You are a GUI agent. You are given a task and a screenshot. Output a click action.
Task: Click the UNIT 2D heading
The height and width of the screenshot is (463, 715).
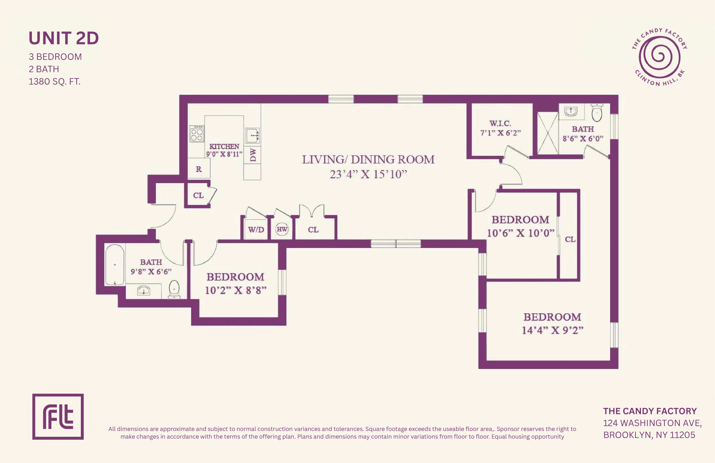[x=64, y=38]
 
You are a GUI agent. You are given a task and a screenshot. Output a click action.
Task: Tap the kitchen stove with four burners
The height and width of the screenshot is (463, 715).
[x=197, y=134]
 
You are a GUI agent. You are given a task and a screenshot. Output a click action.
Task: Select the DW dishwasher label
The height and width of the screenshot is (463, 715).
[x=253, y=155]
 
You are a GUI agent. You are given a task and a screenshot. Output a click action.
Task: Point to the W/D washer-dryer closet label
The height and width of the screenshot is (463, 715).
[x=256, y=230]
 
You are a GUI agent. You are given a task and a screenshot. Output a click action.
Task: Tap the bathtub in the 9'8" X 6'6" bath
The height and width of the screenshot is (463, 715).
[x=115, y=265]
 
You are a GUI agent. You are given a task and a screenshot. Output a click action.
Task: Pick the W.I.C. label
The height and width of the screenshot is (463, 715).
[x=500, y=123]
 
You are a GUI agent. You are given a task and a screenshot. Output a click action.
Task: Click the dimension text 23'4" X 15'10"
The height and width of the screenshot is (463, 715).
[x=368, y=174]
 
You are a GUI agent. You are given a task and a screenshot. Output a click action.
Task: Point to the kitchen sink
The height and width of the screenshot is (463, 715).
[x=252, y=135]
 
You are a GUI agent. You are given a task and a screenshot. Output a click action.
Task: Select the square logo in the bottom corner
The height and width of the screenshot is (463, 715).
[x=58, y=417]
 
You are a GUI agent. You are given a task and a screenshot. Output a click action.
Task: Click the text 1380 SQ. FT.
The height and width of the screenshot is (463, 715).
[x=54, y=81]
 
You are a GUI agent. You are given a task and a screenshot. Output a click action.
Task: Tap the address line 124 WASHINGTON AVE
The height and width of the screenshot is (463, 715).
[x=652, y=423]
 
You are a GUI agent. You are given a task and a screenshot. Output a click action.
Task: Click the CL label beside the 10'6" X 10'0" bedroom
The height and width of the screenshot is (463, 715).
[x=570, y=239]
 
